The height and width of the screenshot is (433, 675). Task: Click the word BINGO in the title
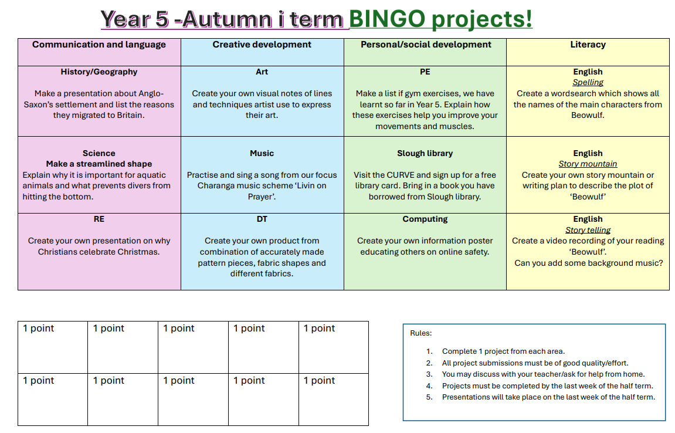(x=387, y=19)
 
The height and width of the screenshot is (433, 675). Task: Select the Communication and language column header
(x=99, y=45)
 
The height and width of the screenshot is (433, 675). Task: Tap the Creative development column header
(x=262, y=45)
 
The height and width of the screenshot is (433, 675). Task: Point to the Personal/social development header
(x=426, y=45)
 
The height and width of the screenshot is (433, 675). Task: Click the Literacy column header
(x=588, y=45)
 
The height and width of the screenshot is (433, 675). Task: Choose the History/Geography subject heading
(x=99, y=72)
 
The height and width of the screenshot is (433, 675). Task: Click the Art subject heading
(x=262, y=72)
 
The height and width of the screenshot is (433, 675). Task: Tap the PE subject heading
(x=425, y=72)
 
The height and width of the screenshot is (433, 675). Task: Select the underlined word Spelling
(x=588, y=82)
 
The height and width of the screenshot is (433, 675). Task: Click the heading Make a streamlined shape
(x=99, y=164)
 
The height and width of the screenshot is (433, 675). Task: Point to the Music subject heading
(x=262, y=153)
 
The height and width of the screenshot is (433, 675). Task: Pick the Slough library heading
(x=425, y=153)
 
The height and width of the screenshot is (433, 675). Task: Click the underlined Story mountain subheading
(x=588, y=164)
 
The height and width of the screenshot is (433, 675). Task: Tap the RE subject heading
(x=99, y=219)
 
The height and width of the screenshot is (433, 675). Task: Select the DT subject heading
(x=262, y=219)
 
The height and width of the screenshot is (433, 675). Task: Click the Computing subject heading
(x=425, y=219)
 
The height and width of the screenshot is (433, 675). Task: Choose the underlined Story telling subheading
(x=588, y=230)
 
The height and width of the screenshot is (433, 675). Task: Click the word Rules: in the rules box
(x=421, y=333)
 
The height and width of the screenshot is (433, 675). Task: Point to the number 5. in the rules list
(x=429, y=397)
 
